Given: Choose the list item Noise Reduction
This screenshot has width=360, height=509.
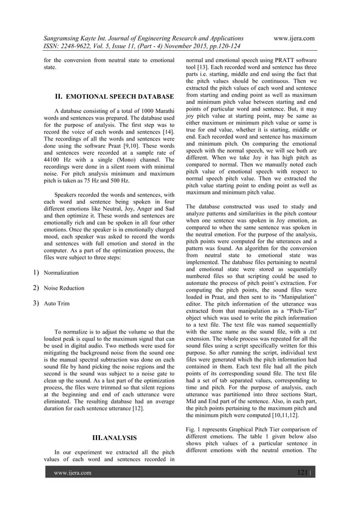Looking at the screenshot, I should (x=64, y=288).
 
